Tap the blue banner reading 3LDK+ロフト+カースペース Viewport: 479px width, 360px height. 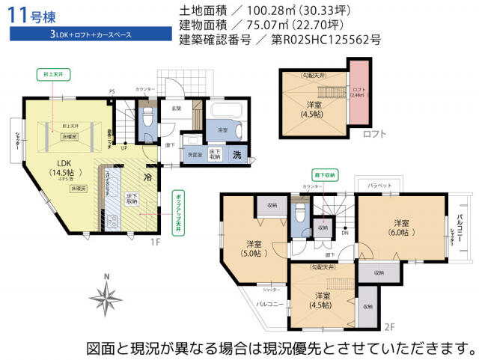[72, 34]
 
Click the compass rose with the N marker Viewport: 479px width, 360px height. [109, 299]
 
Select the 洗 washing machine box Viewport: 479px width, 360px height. [237, 156]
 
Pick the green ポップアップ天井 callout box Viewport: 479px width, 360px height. [177, 213]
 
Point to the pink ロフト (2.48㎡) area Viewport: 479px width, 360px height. [359, 95]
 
